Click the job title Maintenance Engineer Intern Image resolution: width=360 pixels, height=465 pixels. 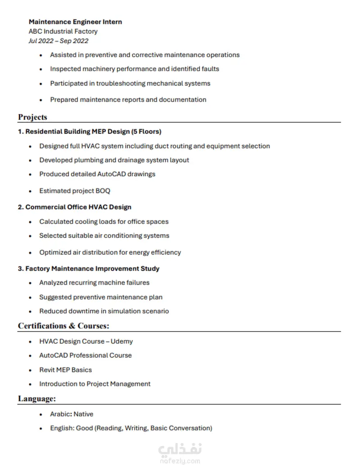(75, 22)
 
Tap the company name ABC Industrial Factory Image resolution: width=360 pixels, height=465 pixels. (63, 31)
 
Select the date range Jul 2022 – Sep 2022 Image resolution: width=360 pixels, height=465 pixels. (58, 41)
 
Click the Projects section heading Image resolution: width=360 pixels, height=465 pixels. (32, 117)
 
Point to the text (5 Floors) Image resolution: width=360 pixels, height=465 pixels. (146, 132)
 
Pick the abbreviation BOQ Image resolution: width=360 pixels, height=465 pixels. (103, 191)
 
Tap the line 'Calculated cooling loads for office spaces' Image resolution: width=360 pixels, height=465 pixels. (103, 222)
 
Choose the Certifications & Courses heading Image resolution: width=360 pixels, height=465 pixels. (63, 326)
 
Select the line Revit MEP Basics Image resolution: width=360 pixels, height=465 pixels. (65, 370)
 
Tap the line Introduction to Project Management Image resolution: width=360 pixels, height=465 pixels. (94, 384)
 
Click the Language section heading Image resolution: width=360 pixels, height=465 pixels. (37, 398)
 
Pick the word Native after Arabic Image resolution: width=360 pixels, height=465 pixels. (83, 414)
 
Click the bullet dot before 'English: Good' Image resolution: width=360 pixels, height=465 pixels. (41, 429)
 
